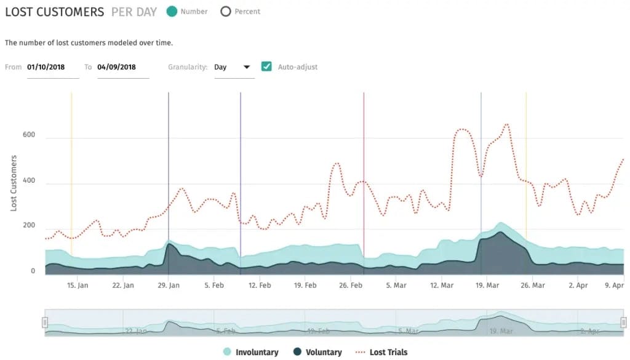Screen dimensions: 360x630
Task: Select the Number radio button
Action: [x=172, y=11]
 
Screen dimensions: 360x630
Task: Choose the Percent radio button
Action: [x=226, y=11]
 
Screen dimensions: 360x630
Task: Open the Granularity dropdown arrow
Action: [x=247, y=67]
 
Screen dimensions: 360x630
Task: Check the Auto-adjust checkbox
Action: [x=266, y=66]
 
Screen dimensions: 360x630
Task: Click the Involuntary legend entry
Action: [x=251, y=352]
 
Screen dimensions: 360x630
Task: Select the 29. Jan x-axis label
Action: [x=169, y=286]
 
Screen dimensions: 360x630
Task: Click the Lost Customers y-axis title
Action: [x=14, y=183]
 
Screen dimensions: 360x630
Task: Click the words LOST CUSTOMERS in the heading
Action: [x=55, y=12]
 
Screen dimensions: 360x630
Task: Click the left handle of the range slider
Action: [x=45, y=322]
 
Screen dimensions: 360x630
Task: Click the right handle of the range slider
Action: [x=624, y=322]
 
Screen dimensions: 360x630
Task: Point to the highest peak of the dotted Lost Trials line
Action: [x=507, y=124]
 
